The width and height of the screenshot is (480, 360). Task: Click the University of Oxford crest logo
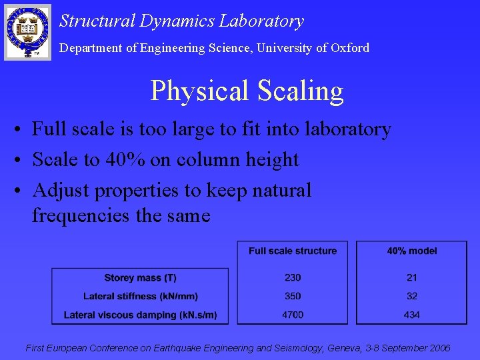(27, 31)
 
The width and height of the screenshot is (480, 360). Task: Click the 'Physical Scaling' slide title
(247, 91)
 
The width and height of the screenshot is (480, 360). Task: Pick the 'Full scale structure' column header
(293, 251)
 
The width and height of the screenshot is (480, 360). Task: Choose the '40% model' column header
(412, 251)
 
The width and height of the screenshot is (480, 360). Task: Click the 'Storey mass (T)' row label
(140, 277)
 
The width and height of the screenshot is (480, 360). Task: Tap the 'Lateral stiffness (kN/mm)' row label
(140, 296)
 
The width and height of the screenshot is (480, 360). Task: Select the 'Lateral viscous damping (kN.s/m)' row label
(140, 315)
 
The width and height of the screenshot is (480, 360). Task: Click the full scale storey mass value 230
(293, 277)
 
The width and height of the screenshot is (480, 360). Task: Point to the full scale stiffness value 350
(293, 296)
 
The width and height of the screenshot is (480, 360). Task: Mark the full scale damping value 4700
(293, 315)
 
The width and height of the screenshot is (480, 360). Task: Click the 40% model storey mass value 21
(412, 277)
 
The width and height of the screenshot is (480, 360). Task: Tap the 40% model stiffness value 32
(412, 296)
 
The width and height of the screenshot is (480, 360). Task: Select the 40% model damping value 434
(412, 315)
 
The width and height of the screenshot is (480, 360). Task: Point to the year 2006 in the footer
(439, 348)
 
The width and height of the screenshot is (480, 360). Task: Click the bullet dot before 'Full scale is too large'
(23, 129)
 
